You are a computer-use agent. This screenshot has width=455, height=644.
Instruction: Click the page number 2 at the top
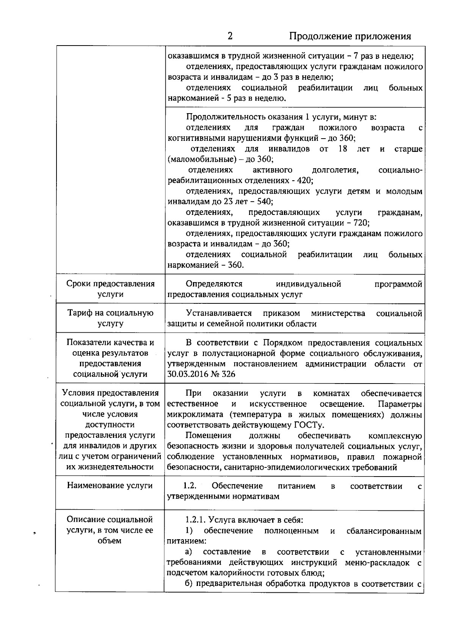click(x=230, y=36)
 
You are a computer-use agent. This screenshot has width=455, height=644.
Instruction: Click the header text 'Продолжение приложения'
click(x=350, y=36)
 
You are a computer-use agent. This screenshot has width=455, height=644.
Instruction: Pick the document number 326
click(x=229, y=374)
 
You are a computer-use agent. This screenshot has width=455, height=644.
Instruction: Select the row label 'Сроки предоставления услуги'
click(x=110, y=289)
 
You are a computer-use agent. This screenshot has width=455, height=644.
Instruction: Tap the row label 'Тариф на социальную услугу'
click(x=110, y=318)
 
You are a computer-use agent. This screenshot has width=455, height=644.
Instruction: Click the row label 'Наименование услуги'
click(x=110, y=486)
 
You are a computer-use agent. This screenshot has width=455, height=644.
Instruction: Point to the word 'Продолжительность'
click(x=224, y=117)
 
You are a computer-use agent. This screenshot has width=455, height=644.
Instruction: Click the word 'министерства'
click(x=338, y=313)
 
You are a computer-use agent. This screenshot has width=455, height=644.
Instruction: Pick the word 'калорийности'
click(x=243, y=573)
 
